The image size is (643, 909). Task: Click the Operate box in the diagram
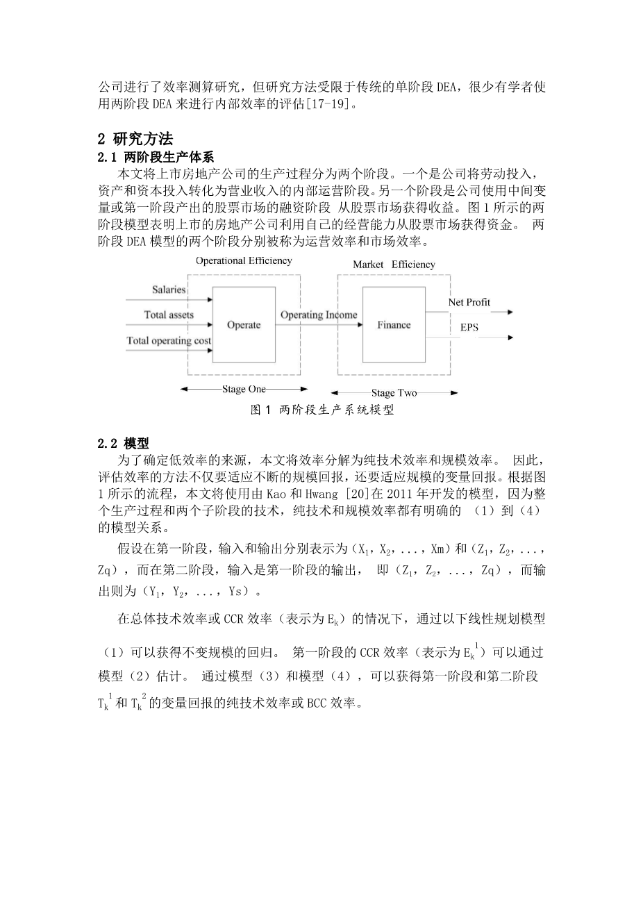244,325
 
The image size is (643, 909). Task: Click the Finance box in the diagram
394,325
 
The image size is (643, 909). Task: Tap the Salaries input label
169,290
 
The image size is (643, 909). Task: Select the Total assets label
169,315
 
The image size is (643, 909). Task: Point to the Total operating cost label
169,340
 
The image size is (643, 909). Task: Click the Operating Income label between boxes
319,315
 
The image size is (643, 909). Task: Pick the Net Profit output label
469,302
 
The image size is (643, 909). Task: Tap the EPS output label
469,327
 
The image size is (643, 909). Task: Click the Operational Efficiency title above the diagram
244,261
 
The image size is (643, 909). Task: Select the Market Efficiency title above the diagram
394,264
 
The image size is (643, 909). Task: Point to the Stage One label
244,389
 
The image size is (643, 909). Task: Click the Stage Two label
394,393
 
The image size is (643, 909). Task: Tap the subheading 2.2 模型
123,443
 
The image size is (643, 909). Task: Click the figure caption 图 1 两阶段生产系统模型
322,410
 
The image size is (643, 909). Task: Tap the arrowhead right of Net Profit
510,312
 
